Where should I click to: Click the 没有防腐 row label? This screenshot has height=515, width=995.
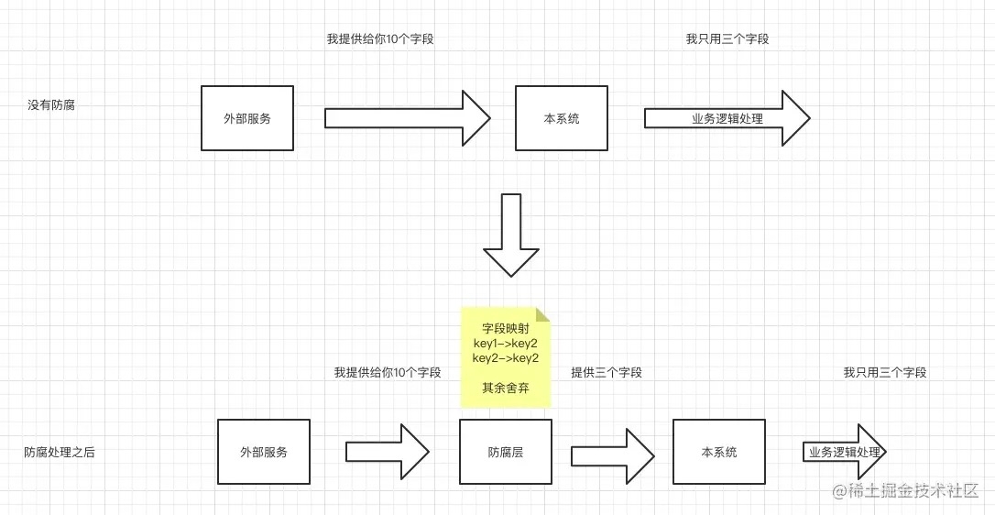(x=51, y=105)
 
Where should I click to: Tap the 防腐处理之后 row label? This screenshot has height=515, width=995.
(x=59, y=453)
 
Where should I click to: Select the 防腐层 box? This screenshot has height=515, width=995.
(x=506, y=452)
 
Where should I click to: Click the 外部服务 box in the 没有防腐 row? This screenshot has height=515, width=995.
(x=247, y=118)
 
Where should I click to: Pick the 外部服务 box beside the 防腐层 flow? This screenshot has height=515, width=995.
(x=264, y=452)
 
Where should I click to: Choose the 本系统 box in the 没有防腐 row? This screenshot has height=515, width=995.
(x=562, y=118)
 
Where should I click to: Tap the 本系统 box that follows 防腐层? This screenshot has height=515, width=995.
(x=718, y=452)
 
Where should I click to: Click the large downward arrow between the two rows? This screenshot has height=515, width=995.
(x=511, y=235)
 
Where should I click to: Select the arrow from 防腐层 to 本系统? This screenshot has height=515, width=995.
(x=612, y=453)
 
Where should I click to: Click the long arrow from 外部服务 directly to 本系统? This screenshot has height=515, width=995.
(x=408, y=118)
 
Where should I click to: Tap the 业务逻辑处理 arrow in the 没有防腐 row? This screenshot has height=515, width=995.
(x=727, y=118)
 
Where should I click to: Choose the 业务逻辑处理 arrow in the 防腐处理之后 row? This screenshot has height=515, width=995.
(x=844, y=453)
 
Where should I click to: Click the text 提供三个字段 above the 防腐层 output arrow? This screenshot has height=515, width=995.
(x=607, y=373)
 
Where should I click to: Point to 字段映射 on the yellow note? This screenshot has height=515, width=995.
(x=506, y=328)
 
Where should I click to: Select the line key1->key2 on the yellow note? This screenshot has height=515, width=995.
(x=506, y=343)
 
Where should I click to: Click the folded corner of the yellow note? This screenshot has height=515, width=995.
(x=544, y=314)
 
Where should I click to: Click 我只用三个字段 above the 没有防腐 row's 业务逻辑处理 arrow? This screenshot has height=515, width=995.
(x=727, y=39)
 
